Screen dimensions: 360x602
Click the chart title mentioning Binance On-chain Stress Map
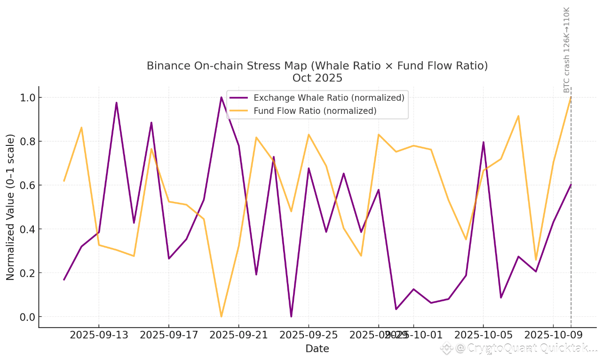click(x=317, y=66)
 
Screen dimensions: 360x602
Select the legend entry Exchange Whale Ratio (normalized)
click(x=329, y=98)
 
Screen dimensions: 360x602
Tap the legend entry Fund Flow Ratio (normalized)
click(x=315, y=111)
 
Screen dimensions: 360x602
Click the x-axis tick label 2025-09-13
click(x=99, y=335)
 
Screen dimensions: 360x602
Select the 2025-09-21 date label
click(x=238, y=335)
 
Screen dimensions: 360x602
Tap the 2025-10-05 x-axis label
click(x=483, y=335)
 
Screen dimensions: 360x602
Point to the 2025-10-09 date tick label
click(x=553, y=335)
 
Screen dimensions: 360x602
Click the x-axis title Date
click(x=317, y=349)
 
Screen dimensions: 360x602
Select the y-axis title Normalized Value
click(x=10, y=207)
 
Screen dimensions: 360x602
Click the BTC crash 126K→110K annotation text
click(x=567, y=49)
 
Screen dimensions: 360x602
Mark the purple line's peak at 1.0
click(x=221, y=97)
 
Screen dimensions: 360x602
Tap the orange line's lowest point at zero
click(x=221, y=316)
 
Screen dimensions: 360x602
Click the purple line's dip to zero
click(x=291, y=316)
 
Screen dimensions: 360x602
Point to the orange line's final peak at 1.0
click(x=570, y=97)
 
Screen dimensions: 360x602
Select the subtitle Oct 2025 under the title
click(x=317, y=78)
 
